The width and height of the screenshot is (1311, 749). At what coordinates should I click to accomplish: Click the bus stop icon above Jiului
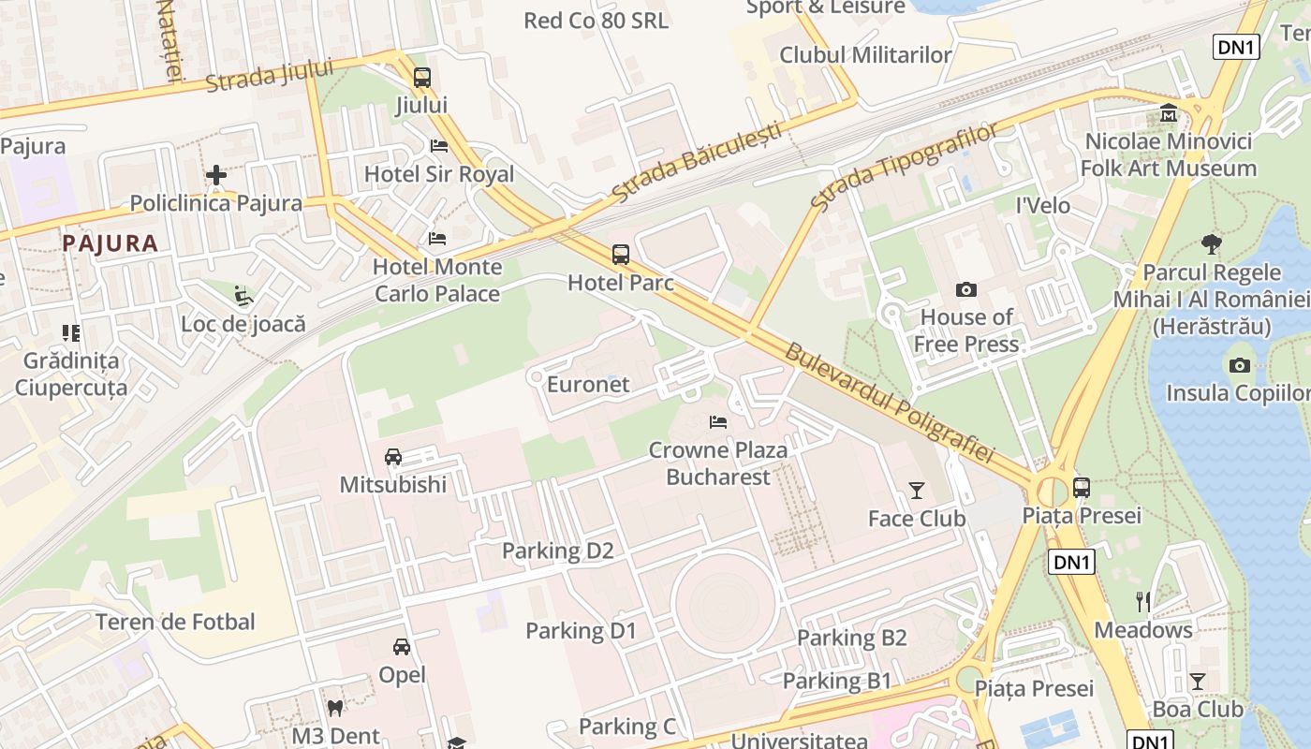point(422,78)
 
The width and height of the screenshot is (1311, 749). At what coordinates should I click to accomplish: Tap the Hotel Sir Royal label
point(438,174)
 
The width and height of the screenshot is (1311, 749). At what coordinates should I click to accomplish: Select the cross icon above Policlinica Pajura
point(216,175)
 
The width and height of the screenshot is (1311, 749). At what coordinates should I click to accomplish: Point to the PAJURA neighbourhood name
point(110,243)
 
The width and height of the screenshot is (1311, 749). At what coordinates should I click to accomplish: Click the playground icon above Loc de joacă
point(243,296)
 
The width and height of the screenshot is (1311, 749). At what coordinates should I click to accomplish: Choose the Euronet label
point(588,385)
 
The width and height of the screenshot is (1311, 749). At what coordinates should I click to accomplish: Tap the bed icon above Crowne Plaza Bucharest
point(718,422)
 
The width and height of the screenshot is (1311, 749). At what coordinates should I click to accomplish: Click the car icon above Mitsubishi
point(393,457)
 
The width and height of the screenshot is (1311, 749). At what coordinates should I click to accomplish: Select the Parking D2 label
point(557,551)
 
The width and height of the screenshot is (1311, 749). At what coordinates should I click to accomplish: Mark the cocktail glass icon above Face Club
point(916,491)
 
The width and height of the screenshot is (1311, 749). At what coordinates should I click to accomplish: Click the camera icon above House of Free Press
point(965,290)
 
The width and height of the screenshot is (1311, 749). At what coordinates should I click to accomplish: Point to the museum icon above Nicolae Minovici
point(1169,113)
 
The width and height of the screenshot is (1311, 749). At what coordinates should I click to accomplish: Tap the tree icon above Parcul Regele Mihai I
point(1211,245)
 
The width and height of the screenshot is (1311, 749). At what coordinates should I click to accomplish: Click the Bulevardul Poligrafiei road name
point(888,404)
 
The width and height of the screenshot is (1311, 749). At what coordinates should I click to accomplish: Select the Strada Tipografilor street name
point(905,167)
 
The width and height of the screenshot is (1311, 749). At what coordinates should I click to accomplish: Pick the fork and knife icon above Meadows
point(1143,601)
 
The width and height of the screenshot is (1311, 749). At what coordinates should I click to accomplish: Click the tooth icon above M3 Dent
point(334,709)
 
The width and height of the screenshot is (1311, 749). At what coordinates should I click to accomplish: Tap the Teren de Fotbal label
point(175,622)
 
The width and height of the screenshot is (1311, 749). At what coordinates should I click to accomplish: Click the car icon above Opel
point(402,647)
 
